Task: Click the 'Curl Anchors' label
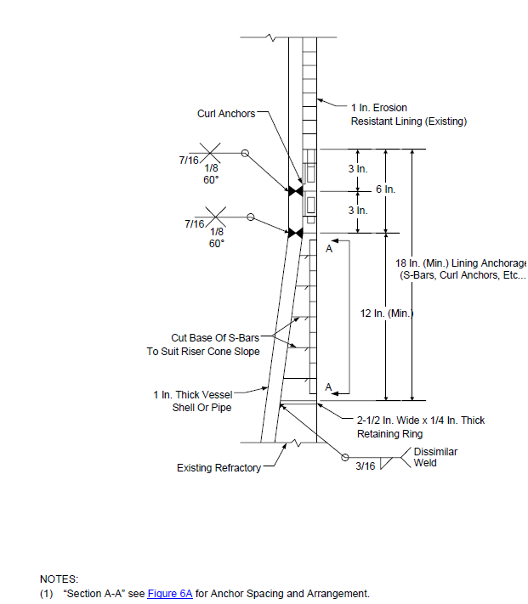point(226,114)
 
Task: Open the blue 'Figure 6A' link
point(170,594)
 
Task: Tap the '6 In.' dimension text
point(386,189)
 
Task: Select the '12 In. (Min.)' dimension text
point(387,313)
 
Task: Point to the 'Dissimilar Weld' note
point(435,457)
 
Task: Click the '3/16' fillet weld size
point(366,466)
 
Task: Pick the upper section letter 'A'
point(329,249)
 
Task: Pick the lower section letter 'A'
point(328,387)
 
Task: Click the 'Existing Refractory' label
point(219,467)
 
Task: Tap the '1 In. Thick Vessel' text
point(193,395)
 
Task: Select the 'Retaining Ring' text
point(389,434)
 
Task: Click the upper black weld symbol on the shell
point(296,191)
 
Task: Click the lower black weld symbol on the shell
point(296,233)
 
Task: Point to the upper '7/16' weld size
point(189,161)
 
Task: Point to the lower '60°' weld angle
point(217,244)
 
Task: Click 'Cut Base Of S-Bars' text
point(215,338)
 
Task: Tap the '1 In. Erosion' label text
point(379,108)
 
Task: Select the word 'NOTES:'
point(59,579)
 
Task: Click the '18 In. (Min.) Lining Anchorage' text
point(462,263)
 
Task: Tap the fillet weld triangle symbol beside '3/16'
point(385,463)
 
